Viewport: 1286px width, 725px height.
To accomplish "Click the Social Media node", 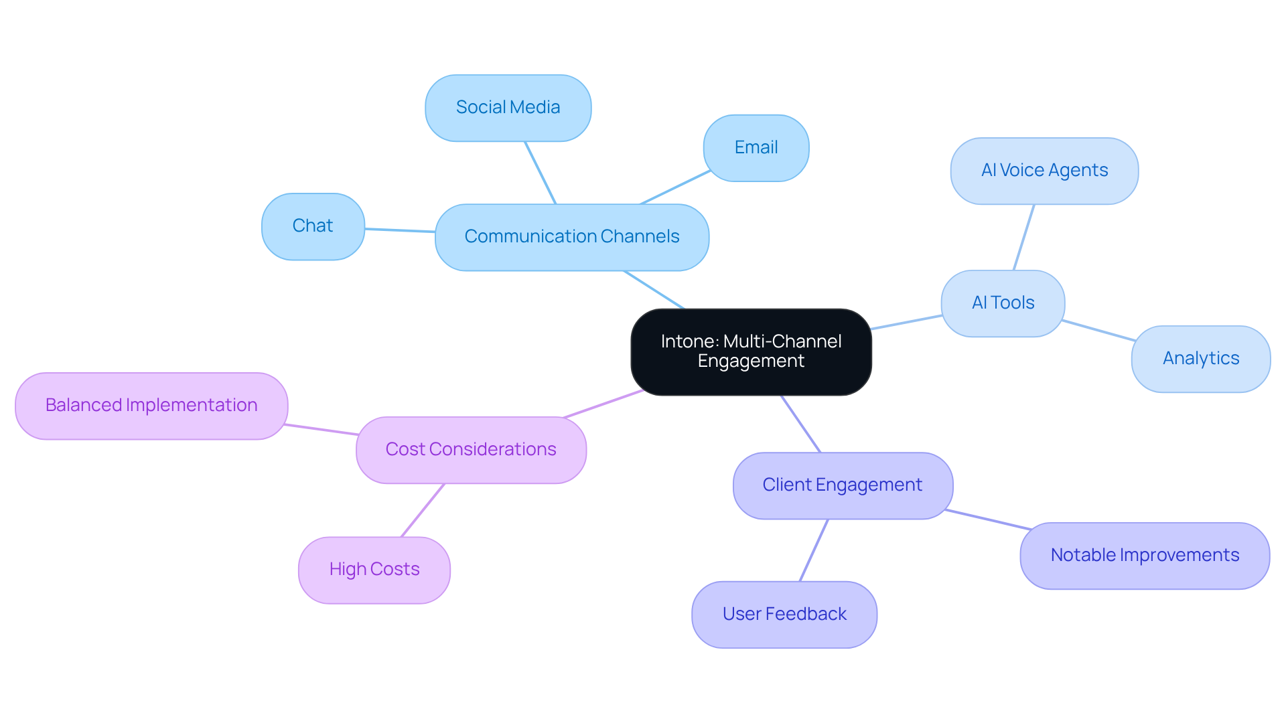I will (508, 108).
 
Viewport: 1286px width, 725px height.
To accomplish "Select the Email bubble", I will (756, 148).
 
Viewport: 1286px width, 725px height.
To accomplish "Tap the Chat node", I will (313, 226).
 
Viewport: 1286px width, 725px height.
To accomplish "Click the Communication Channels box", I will (571, 237).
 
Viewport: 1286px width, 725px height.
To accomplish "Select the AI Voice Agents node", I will (1044, 171).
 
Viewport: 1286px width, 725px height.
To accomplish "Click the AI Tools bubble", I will (1002, 303).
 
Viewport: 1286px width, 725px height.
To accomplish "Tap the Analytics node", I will (1200, 359).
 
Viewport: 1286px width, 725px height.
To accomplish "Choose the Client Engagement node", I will (842, 485).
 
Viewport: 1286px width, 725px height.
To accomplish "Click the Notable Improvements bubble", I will (1144, 556).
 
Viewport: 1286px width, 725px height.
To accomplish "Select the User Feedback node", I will (784, 615).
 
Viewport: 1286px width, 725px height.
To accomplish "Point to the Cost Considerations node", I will (470, 450).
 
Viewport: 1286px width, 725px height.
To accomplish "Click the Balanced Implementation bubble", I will (151, 406).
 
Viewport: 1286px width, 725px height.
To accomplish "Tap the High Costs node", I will (374, 570).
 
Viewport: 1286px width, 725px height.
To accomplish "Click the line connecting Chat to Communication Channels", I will (400, 230).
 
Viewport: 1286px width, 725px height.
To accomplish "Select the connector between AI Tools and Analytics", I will (1098, 331).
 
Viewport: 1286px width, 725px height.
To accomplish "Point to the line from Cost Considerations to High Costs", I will (423, 510).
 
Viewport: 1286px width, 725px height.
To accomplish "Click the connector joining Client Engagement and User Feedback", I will (814, 550).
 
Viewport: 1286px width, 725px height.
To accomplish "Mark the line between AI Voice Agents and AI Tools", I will (1024, 237).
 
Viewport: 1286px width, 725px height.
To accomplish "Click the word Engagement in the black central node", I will (750, 361).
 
